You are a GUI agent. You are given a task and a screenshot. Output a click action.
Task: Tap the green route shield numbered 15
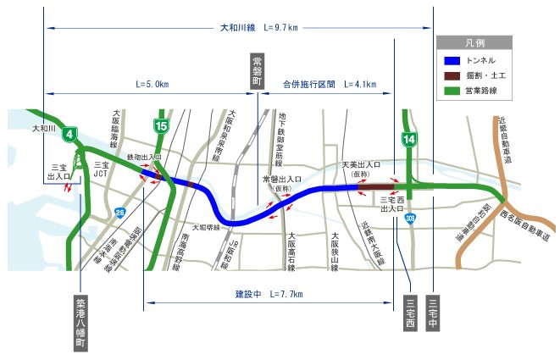(161, 126)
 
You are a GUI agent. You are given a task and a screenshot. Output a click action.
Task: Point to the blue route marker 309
(410, 218)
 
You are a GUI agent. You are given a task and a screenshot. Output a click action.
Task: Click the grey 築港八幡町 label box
(80, 322)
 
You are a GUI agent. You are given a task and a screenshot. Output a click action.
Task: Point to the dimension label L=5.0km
(152, 85)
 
